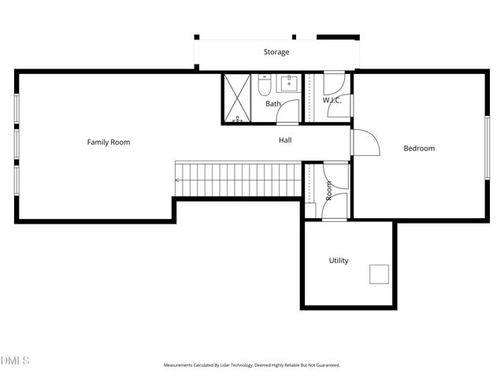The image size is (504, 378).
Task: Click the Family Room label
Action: click(108, 143)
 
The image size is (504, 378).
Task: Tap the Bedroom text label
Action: click(419, 149)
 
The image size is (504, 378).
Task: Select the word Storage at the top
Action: click(276, 53)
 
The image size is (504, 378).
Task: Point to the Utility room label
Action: click(339, 261)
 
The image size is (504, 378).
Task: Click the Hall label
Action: click(285, 141)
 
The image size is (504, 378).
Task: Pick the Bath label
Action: click(272, 104)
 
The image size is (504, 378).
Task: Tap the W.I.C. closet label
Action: click(332, 101)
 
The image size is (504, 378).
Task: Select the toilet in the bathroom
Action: click(265, 86)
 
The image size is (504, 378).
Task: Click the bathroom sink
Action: click(288, 83)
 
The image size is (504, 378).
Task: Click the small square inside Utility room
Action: click(380, 274)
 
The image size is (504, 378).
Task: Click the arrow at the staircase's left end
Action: click(178, 180)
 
